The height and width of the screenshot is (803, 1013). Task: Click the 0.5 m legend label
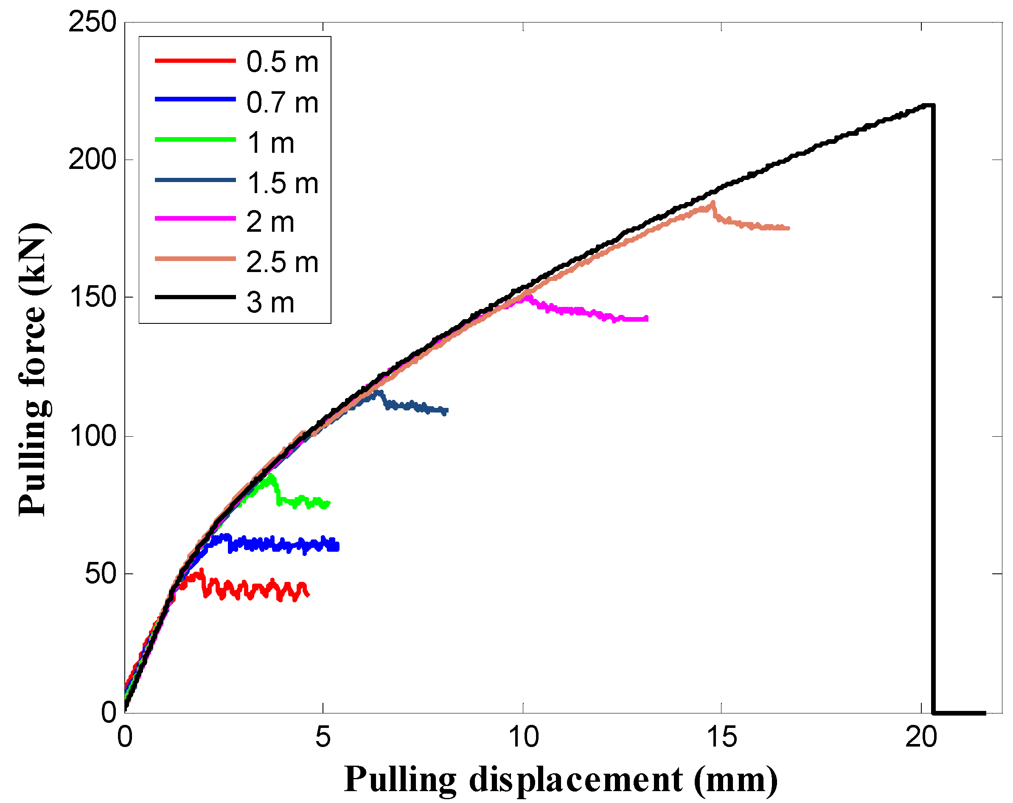click(x=282, y=62)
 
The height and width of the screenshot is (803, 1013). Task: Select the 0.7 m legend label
click(x=282, y=102)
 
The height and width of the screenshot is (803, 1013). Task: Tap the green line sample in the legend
click(x=195, y=140)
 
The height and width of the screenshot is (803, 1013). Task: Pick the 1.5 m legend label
click(x=282, y=183)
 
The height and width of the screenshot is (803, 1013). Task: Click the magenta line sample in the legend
click(x=195, y=219)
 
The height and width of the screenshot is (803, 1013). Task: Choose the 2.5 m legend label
click(x=282, y=262)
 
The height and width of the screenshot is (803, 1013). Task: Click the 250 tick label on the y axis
click(x=92, y=22)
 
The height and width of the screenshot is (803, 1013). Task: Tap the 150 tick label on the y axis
click(x=92, y=298)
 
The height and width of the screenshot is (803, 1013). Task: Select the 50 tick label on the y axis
click(x=100, y=574)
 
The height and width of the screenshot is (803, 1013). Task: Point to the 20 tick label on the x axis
click(x=921, y=737)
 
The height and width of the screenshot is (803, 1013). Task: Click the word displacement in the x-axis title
click(x=575, y=780)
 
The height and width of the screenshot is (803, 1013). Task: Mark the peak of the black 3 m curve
click(x=928, y=105)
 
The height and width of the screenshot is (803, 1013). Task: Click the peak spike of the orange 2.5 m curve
click(x=713, y=203)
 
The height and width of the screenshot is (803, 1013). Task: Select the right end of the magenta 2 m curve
click(x=647, y=319)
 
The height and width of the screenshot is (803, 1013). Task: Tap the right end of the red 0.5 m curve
click(x=308, y=595)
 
